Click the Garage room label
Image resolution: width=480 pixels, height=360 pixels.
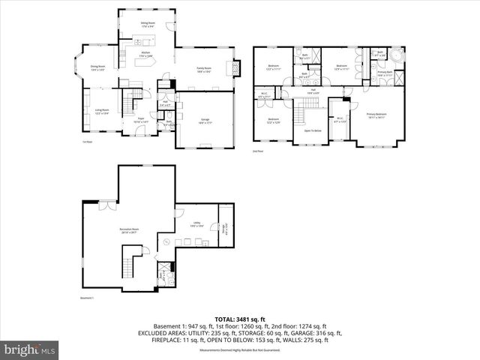205,120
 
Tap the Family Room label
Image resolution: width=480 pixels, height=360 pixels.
204,70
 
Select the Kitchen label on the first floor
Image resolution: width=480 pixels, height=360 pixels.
145,54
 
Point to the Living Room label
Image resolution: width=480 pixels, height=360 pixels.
101,112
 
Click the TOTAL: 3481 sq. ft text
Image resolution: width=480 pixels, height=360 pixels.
239,318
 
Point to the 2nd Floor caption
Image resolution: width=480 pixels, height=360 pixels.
258,151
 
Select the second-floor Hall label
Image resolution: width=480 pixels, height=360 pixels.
313,91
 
